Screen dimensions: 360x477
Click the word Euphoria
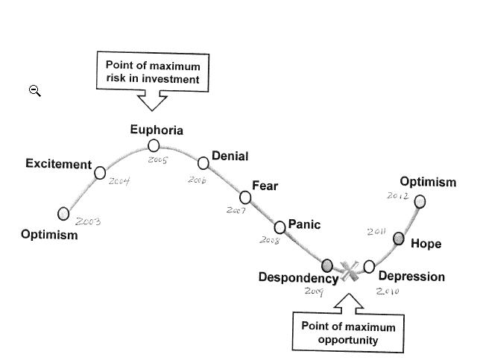[157, 130]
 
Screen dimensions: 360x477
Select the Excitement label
[58, 164]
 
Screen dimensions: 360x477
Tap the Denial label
[230, 156]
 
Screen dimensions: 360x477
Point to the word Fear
[265, 186]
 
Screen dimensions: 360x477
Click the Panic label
[304, 224]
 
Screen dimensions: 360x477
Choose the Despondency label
[297, 277]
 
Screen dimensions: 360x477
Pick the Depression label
[411, 277]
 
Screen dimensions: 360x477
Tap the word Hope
[426, 244]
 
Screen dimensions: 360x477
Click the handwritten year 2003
[88, 221]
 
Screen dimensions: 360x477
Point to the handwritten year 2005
[157, 160]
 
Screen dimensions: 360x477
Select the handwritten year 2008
[269, 240]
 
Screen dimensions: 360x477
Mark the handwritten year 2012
[397, 196]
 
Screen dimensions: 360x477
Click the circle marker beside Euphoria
[154, 145]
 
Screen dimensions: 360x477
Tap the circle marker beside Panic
[279, 227]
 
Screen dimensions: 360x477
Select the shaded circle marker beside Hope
[399, 239]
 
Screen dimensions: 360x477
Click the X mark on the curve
[348, 269]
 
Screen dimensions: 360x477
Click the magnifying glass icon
[35, 91]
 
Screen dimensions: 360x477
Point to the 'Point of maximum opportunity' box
[348, 332]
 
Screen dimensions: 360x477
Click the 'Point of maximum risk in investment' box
[153, 72]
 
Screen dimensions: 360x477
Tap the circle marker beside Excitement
[100, 173]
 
